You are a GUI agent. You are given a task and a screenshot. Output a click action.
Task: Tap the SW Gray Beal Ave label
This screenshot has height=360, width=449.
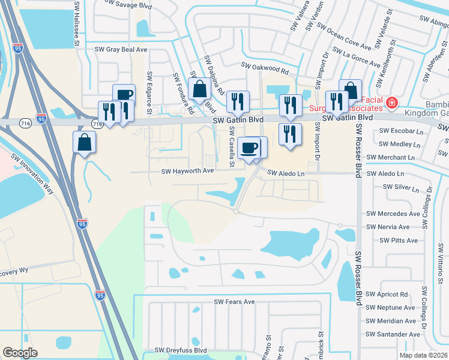click(x=121, y=49)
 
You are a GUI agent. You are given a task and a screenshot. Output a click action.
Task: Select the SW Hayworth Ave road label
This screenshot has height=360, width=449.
click(x=187, y=171)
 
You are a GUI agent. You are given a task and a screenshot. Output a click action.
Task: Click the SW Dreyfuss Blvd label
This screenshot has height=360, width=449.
click(x=181, y=350)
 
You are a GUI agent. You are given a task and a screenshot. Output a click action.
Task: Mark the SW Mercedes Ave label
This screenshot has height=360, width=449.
click(x=393, y=214)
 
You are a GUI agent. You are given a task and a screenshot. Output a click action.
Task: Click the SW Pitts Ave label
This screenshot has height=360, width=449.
click(x=399, y=241)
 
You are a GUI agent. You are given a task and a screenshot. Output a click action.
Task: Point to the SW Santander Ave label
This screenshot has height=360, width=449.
click(x=393, y=334)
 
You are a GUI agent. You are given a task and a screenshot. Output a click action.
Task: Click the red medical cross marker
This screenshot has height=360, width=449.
click(x=392, y=103)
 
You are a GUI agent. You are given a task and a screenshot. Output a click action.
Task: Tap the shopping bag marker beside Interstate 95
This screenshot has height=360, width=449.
click(x=85, y=143)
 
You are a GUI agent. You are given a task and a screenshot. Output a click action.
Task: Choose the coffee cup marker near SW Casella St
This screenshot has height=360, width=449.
click(x=249, y=147)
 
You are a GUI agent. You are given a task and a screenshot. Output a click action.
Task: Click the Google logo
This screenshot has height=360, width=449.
click(x=20, y=353)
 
